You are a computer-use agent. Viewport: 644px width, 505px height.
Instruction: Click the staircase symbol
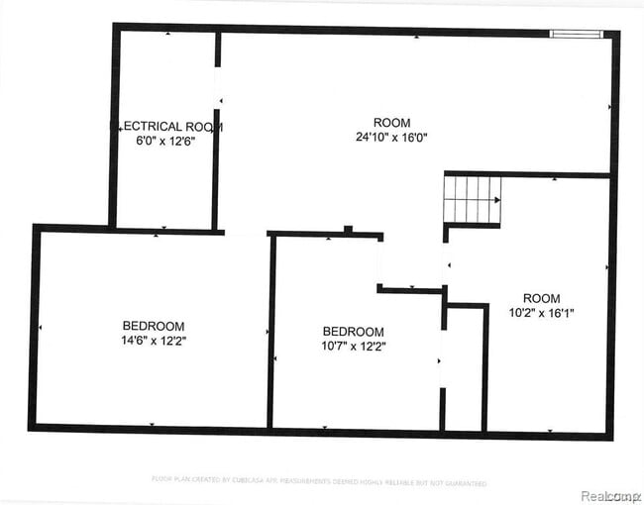click(x=473, y=199)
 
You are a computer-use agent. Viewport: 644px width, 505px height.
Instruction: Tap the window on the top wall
click(x=576, y=34)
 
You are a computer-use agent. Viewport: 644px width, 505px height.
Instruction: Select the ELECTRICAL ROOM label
click(x=165, y=127)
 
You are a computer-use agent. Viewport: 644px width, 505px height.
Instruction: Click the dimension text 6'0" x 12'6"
click(x=165, y=141)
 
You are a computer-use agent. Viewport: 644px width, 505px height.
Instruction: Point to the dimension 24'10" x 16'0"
click(x=392, y=137)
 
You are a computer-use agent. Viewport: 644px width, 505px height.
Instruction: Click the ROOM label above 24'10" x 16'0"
click(x=392, y=123)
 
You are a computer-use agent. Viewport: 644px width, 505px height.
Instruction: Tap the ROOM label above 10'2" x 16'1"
click(x=541, y=298)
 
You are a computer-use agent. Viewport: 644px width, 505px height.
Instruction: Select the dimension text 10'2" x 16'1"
click(x=541, y=312)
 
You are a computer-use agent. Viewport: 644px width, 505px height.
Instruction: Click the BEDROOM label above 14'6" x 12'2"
click(x=154, y=326)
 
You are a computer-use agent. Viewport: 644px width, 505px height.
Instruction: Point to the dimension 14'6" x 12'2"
click(x=154, y=340)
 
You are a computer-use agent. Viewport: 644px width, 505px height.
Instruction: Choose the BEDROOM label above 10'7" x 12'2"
click(x=354, y=332)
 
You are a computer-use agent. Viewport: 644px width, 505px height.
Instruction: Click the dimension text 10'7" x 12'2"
click(x=354, y=346)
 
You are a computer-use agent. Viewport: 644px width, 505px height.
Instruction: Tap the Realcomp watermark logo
click(x=609, y=494)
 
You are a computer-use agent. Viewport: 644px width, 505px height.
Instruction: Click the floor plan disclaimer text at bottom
click(x=319, y=481)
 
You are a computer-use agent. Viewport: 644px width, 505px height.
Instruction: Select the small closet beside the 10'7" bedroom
click(x=464, y=368)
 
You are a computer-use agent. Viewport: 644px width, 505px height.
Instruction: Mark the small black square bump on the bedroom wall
click(x=347, y=231)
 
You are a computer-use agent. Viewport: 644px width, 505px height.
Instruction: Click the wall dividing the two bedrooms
click(x=270, y=332)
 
